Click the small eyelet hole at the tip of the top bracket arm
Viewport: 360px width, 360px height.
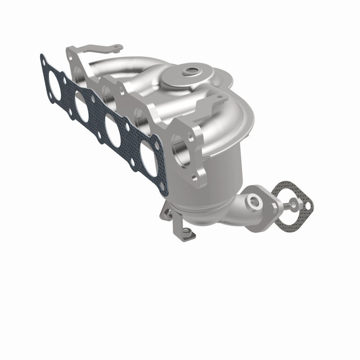117,46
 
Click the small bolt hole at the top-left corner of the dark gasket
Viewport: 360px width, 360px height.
43,58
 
